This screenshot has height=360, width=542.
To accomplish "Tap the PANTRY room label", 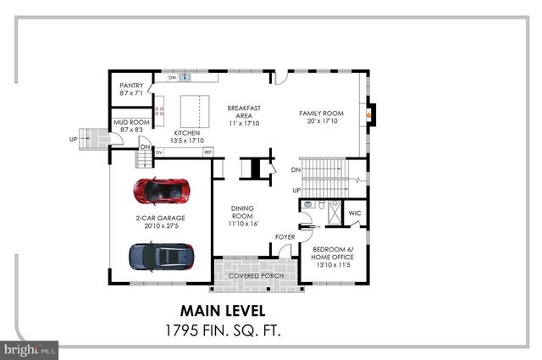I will pyautogui.click(x=131, y=89).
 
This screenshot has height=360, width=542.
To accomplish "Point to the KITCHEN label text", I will pyautogui.click(x=186, y=137).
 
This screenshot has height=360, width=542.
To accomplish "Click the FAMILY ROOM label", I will pyautogui.click(x=320, y=116).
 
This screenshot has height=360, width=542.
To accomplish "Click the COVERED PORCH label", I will pyautogui.click(x=256, y=276).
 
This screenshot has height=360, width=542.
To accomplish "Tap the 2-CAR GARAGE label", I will pyautogui.click(x=160, y=222).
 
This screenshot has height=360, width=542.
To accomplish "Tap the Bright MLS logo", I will pyautogui.click(x=30, y=348).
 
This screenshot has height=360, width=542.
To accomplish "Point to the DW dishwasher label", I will pyautogui.click(x=172, y=78).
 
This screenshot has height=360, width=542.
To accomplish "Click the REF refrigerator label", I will pyautogui.click(x=207, y=152).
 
